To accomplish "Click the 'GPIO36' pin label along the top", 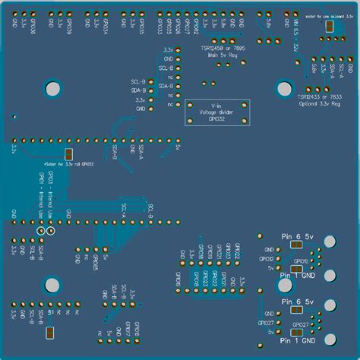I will coord(33,27).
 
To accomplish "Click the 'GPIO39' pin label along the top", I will coord(69,27).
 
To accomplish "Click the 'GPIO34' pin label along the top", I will coord(105,27).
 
